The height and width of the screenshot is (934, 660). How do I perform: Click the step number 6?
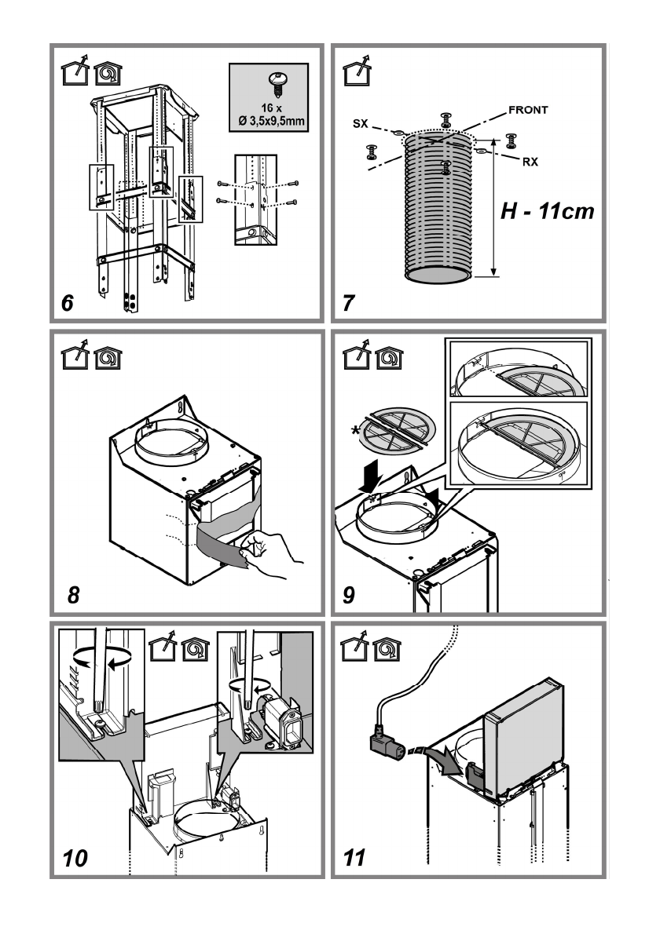coord(68,302)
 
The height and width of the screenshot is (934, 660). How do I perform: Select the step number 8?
coord(73,595)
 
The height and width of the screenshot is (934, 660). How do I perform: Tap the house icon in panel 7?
coord(355,74)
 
